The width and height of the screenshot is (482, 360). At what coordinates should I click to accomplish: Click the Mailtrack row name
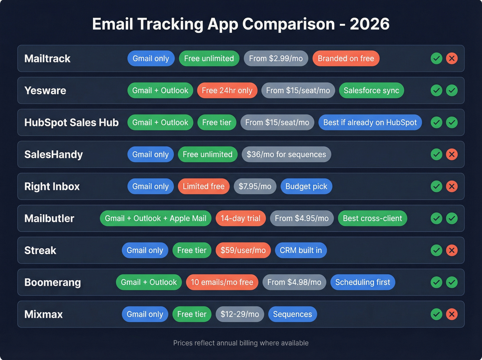[x=47, y=59]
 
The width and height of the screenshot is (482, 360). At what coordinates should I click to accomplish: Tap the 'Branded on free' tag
[x=346, y=59]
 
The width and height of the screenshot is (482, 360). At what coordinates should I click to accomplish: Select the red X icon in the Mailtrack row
[x=452, y=59]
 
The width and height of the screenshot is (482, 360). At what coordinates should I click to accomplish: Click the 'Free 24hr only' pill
[x=227, y=91]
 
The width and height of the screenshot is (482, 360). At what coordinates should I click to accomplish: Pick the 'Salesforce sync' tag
[x=371, y=91]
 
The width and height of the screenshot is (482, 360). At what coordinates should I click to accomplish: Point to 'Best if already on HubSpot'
[x=370, y=123]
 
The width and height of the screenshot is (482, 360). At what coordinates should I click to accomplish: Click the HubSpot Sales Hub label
[x=71, y=123]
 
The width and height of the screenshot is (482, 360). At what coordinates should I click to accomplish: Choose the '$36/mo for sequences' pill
[x=286, y=154]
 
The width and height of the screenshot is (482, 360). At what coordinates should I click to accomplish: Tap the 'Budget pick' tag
[x=306, y=186]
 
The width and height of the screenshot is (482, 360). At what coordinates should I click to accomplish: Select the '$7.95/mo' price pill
[x=255, y=186]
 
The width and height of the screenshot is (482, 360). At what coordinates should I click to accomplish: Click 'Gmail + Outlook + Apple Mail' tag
[x=155, y=218]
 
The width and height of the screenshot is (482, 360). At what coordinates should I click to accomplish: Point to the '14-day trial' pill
[x=240, y=218]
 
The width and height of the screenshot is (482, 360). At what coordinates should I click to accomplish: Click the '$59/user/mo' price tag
[x=243, y=250]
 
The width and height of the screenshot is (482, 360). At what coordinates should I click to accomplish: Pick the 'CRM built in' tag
[x=301, y=250]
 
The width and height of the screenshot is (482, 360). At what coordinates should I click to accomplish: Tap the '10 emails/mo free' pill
[x=222, y=282]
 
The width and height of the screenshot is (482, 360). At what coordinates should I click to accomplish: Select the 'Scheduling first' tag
[x=363, y=282]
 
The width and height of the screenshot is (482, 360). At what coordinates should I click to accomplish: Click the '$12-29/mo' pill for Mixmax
[x=240, y=314]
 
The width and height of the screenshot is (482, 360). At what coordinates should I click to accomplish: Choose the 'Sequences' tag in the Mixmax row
[x=292, y=314]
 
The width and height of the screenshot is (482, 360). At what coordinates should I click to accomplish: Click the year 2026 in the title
[x=369, y=24]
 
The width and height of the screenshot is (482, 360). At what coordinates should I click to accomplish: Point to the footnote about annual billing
[x=241, y=343]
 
